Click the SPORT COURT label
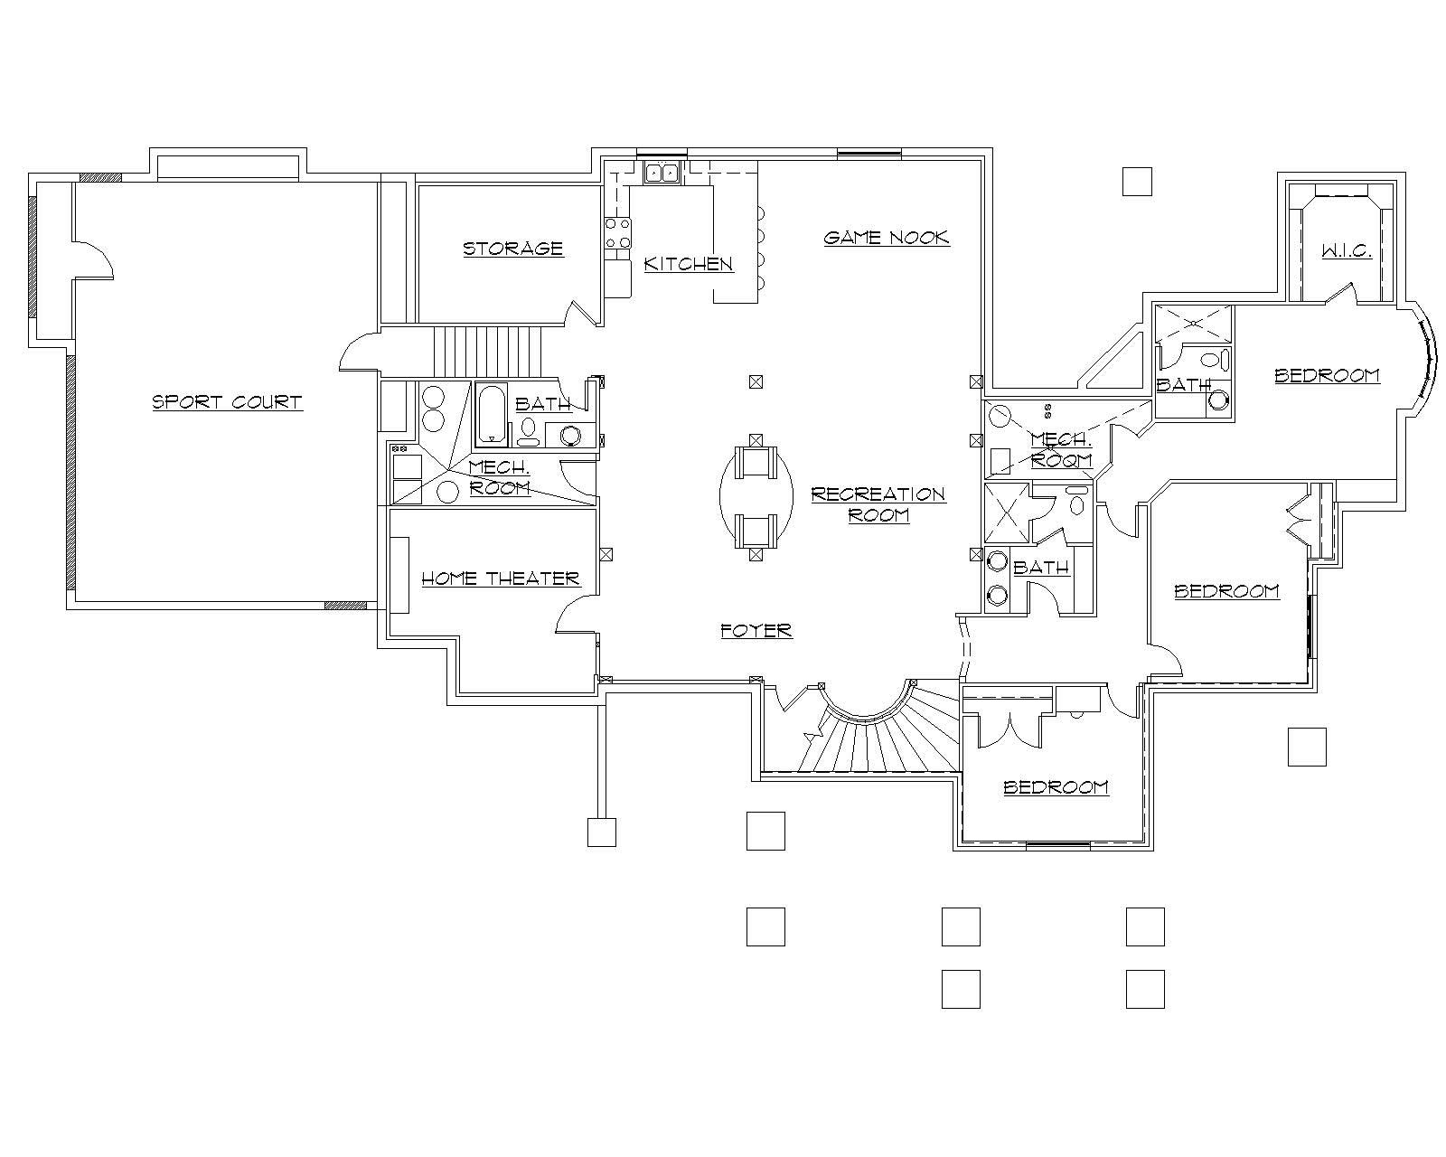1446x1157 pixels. pyautogui.click(x=227, y=402)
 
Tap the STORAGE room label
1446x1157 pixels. pyautogui.click(x=512, y=249)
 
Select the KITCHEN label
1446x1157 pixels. pyautogui.click(x=688, y=264)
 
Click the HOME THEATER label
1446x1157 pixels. pyautogui.click(x=500, y=578)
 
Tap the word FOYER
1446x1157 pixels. pyautogui.click(x=756, y=631)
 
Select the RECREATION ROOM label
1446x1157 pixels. pyautogui.click(x=878, y=504)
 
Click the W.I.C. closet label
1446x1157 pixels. pyautogui.click(x=1347, y=251)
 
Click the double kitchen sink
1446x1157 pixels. pyautogui.click(x=662, y=172)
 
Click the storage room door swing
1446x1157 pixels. pyautogui.click(x=578, y=313)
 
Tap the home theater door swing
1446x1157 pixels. pyautogui.click(x=571, y=617)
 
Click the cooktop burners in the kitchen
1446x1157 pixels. pyautogui.click(x=617, y=233)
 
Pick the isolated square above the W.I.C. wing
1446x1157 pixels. pyautogui.click(x=1137, y=182)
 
